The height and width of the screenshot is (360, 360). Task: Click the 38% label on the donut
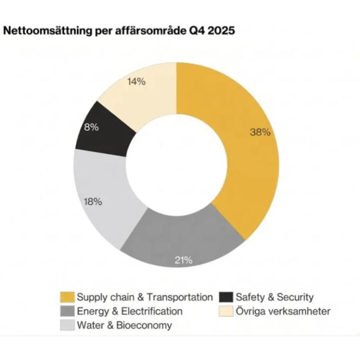point(260,133)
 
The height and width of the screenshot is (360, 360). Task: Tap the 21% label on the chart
point(184,260)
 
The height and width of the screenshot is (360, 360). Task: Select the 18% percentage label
point(93,202)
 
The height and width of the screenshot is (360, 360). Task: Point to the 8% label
point(92,127)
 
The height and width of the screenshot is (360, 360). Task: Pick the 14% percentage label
point(136,82)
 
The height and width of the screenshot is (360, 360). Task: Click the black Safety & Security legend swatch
point(226,297)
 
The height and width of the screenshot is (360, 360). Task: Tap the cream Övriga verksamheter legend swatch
point(226,311)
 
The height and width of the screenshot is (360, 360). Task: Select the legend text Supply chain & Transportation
point(145,297)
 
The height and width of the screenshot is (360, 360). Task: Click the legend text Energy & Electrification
point(130,311)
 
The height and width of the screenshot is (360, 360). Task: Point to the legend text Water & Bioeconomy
point(124,326)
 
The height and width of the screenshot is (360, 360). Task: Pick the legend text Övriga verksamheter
point(283,311)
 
